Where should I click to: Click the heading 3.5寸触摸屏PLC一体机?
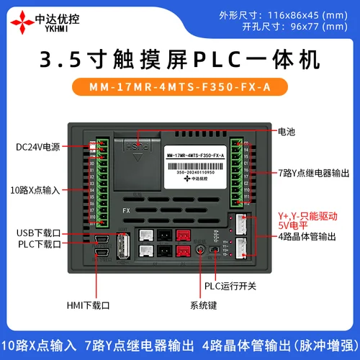pos(180,58)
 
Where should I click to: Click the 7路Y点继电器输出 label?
pos(314,173)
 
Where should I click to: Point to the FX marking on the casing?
pos(126,211)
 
